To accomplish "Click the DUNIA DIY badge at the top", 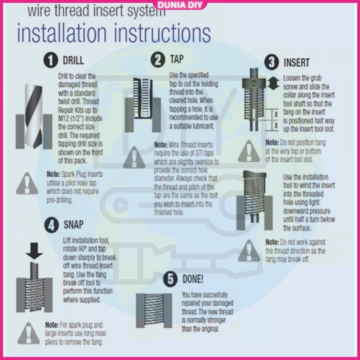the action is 180,5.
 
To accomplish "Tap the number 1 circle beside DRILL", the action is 50,60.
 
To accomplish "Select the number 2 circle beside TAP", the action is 158,59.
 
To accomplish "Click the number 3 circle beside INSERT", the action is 271,62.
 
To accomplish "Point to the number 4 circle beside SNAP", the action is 51,225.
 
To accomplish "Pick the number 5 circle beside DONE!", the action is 170,279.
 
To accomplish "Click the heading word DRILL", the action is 73,60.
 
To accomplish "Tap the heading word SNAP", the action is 73,225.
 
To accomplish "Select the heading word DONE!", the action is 193,279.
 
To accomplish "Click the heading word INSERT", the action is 296,62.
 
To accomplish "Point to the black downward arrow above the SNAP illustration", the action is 34,251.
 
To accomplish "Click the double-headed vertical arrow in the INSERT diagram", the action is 273,83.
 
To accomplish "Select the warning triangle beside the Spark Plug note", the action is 27,183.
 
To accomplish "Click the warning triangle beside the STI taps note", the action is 134,157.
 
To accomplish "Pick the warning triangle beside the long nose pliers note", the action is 29,333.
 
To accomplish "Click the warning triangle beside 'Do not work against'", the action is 249,251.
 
